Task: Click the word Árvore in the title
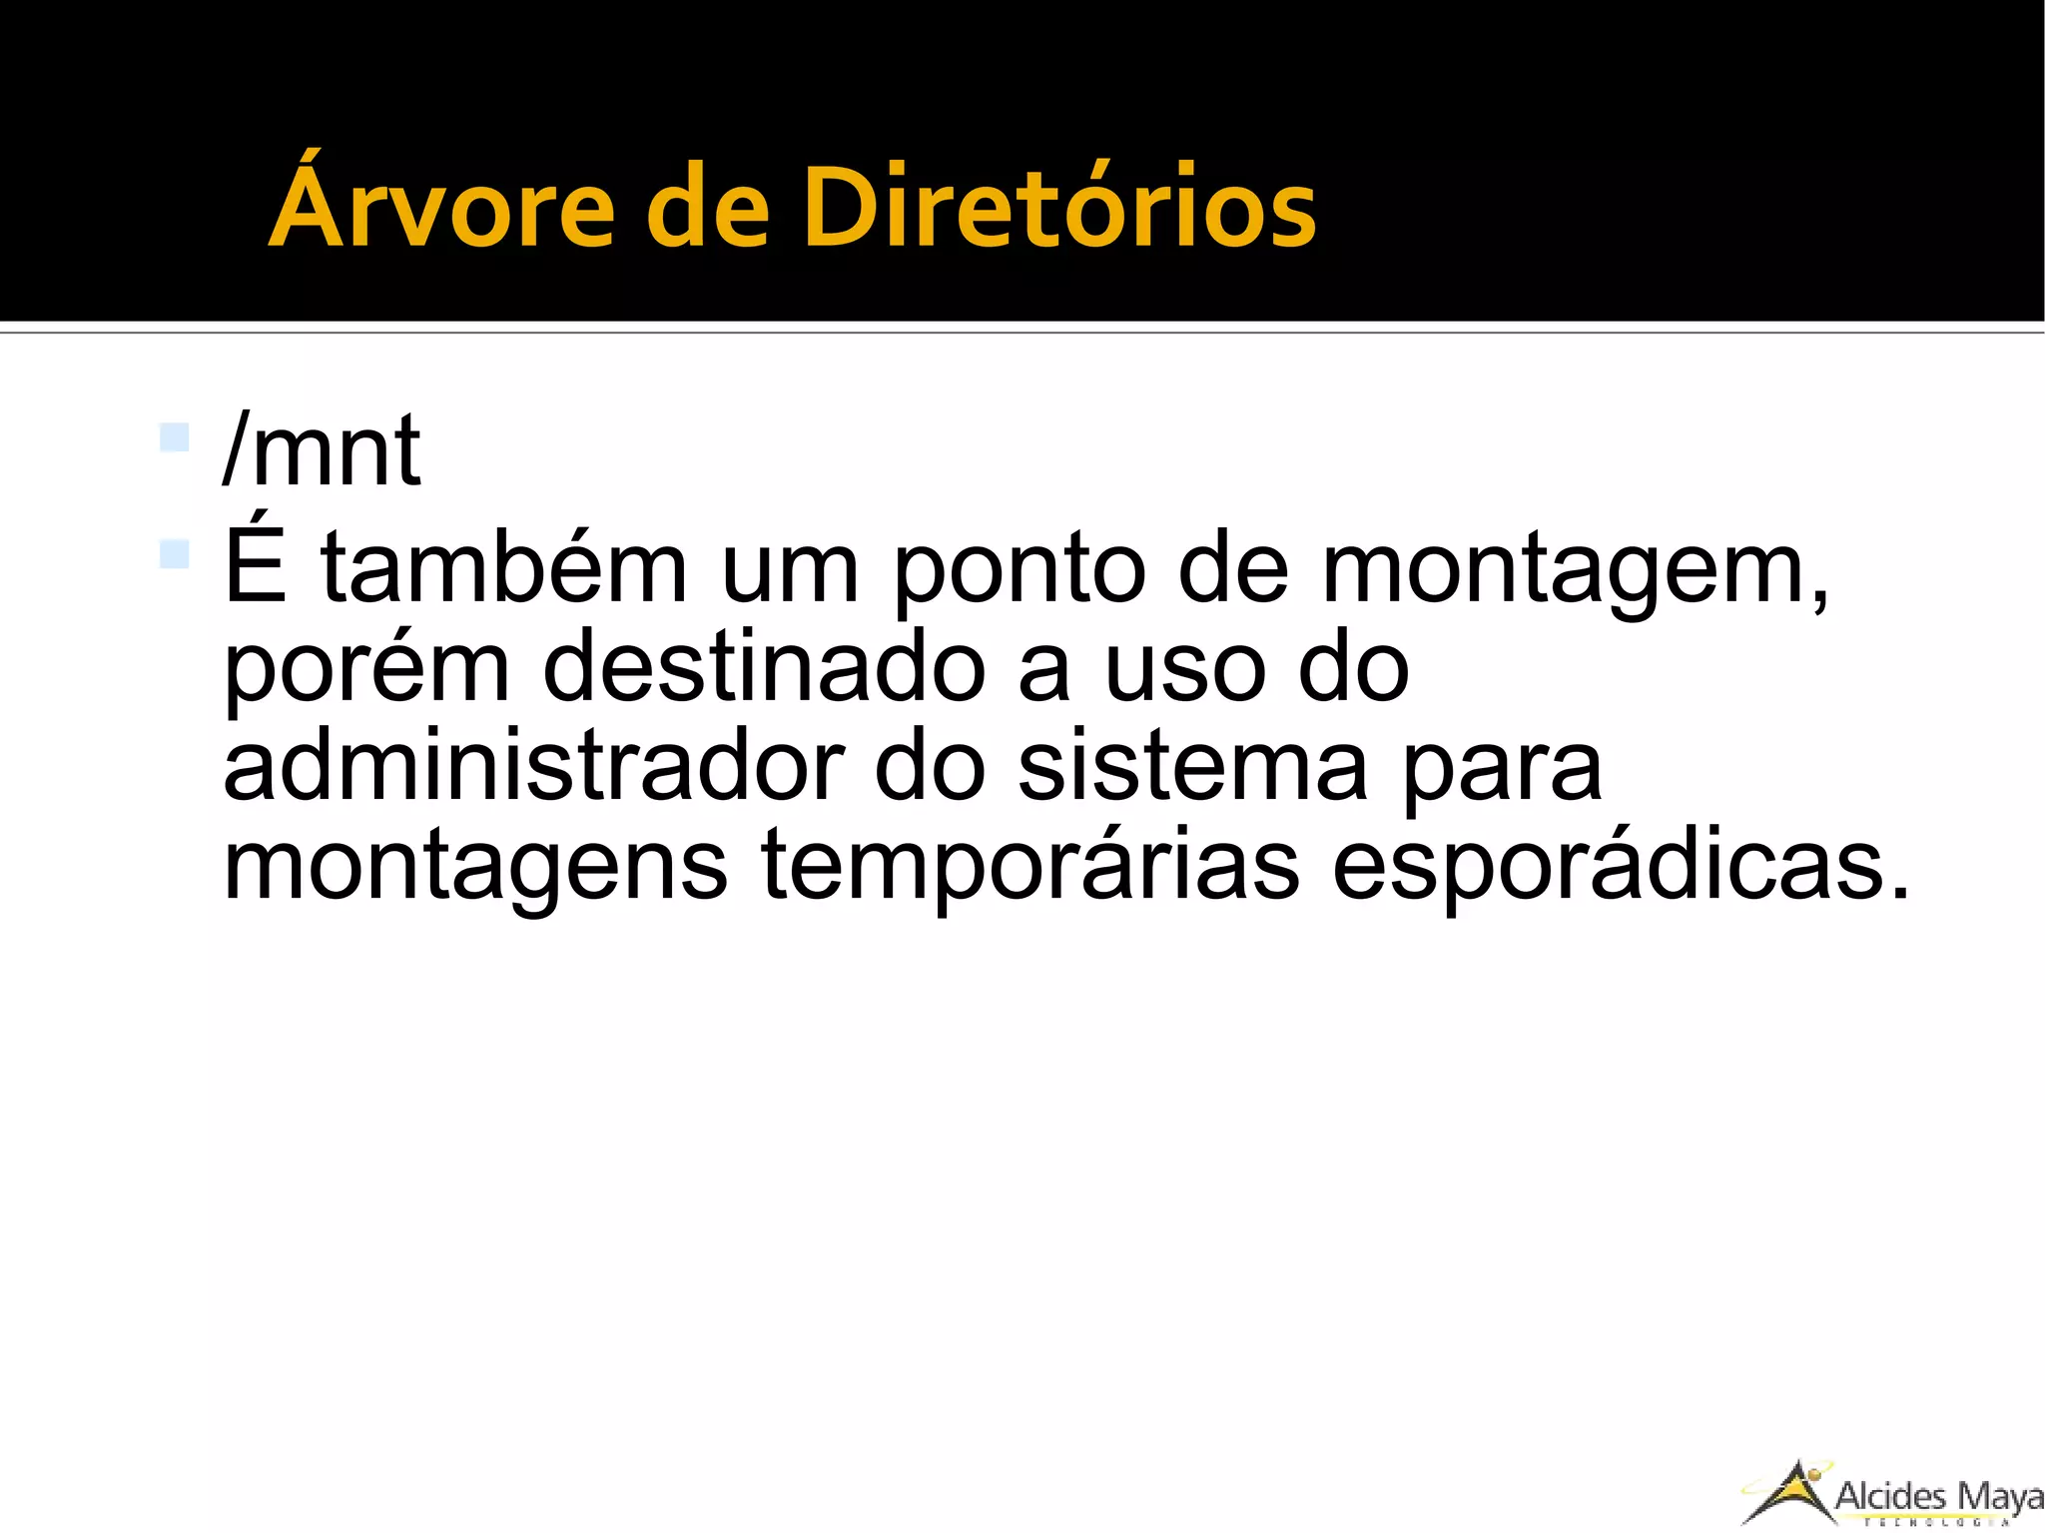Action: click(x=440, y=207)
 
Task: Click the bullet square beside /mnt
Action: click(x=175, y=437)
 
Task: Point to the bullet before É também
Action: click(x=175, y=553)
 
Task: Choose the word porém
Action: click(x=366, y=669)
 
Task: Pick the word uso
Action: click(x=1185, y=669)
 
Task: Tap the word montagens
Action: click(x=475, y=867)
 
